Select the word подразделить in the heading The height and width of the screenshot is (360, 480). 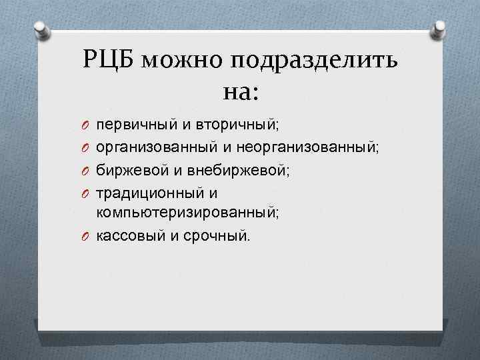(x=315, y=63)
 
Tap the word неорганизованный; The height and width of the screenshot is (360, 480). (x=303, y=147)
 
